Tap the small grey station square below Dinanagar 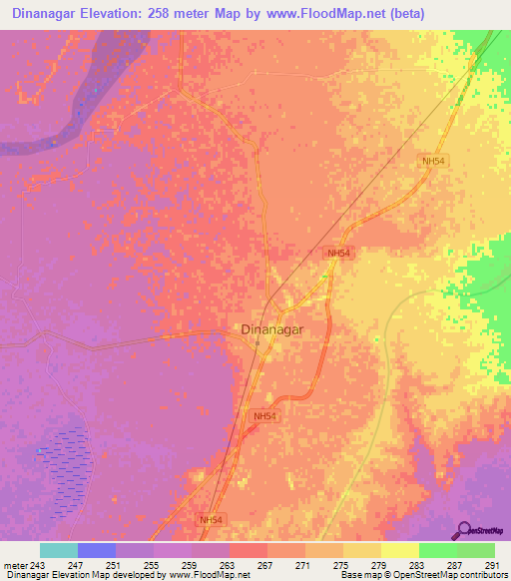pos(256,345)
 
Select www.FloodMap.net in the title pos(321,14)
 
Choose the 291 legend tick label pos(488,564)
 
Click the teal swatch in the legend pos(59,550)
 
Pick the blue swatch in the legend pos(97,550)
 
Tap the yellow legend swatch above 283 pos(400,550)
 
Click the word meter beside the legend pos(16,564)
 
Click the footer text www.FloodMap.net pos(211,575)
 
